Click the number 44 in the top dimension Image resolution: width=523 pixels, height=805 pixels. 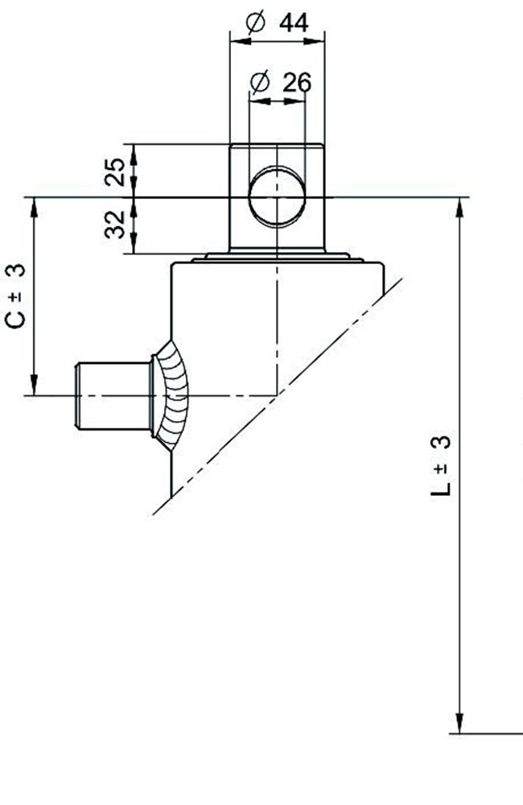click(x=294, y=23)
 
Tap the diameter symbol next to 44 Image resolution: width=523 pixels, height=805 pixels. click(x=254, y=23)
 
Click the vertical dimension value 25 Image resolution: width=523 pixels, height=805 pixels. click(x=116, y=171)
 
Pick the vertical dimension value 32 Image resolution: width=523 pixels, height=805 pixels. click(x=116, y=225)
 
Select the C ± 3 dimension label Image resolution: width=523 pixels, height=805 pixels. click(x=16, y=295)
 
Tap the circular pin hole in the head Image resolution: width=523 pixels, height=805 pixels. click(x=276, y=198)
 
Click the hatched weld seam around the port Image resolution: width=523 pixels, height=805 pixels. click(x=172, y=391)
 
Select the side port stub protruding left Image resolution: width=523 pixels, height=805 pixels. click(x=113, y=395)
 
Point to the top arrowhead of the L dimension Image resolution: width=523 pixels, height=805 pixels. click(x=460, y=208)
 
